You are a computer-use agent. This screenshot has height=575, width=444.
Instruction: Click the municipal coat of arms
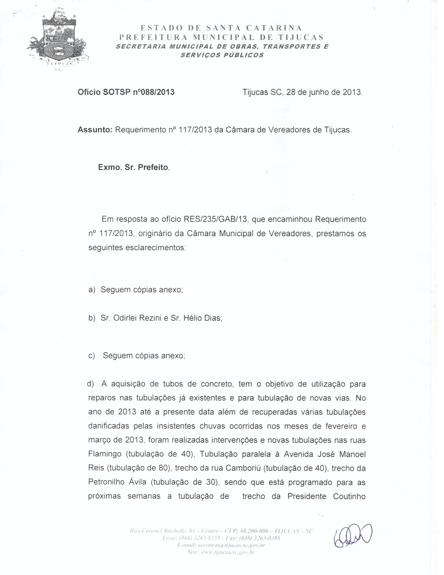[58, 39]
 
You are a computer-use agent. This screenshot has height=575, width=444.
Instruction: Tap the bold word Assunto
[95, 130]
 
